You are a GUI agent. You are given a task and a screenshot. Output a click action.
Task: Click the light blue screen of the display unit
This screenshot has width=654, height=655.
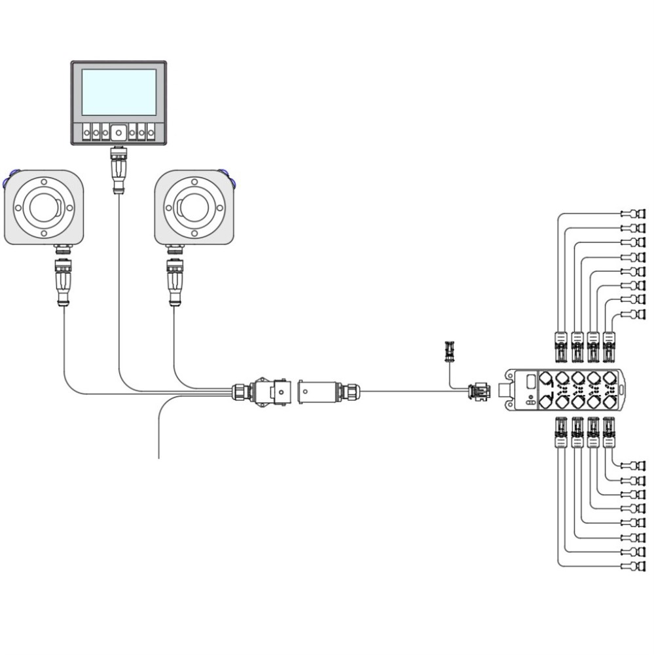118,92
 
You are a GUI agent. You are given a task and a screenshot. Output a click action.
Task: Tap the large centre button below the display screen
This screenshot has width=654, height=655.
118,132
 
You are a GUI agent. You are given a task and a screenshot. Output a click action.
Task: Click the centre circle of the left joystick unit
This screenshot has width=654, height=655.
45,207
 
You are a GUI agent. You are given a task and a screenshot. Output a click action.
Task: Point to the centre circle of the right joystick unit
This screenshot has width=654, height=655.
194,207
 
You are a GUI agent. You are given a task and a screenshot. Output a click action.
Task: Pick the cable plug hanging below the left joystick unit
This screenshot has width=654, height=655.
64,280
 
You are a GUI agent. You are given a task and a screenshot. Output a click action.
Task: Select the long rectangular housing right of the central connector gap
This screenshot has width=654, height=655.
318,392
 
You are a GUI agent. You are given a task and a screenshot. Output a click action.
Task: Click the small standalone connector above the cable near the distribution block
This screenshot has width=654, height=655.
449,352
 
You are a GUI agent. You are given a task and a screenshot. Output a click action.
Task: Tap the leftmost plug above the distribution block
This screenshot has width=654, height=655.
561,346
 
